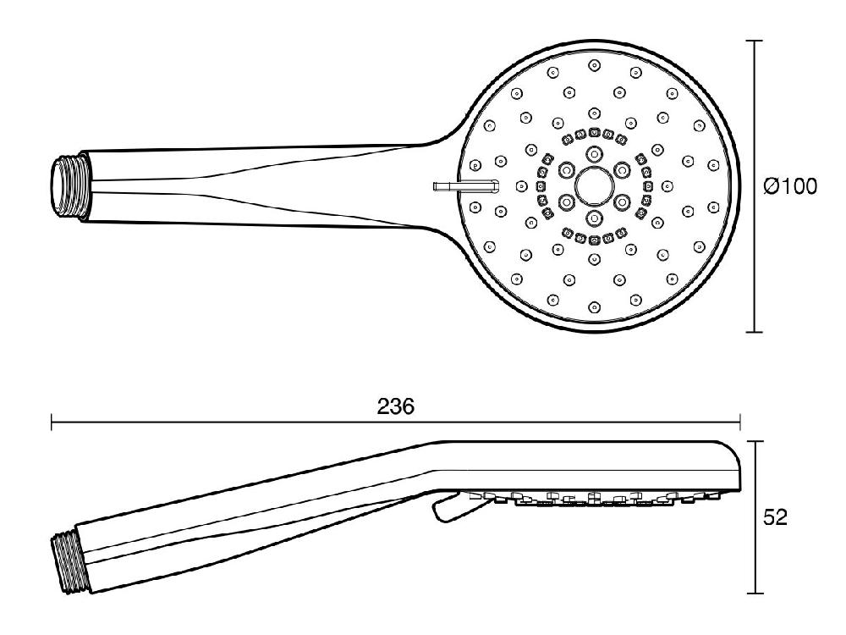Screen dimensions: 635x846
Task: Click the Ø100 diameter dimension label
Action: point(790,186)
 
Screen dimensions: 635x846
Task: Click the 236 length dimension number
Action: point(395,406)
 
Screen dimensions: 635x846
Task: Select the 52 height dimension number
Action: point(776,517)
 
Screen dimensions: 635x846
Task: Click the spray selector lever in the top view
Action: point(463,185)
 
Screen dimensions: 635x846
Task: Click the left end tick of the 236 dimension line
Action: point(52,422)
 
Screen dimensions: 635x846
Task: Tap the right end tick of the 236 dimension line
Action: point(740,422)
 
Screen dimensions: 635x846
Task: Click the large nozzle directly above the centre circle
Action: point(593,153)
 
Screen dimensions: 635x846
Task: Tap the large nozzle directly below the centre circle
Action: point(593,217)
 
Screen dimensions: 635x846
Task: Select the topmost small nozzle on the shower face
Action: point(593,64)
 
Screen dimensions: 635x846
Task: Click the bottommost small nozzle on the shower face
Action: point(593,306)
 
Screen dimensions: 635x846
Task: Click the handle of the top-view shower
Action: point(254,185)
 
